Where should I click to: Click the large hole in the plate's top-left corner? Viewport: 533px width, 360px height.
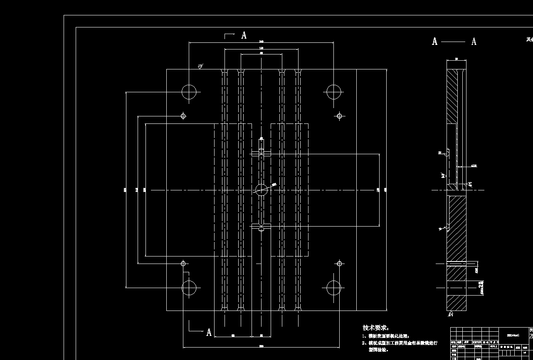tap(189, 92)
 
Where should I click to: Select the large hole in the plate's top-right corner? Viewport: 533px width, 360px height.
tap(333, 92)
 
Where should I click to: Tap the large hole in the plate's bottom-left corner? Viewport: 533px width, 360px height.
tap(189, 287)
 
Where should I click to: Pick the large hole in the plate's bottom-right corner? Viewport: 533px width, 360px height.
tap(333, 287)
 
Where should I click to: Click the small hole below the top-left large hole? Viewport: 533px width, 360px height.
tap(183, 116)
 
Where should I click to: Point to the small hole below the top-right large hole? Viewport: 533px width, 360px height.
tap(339, 116)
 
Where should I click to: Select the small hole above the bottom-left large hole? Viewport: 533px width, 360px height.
tap(183, 263)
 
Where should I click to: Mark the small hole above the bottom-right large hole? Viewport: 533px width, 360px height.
tap(339, 263)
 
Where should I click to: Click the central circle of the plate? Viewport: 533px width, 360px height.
tap(262, 190)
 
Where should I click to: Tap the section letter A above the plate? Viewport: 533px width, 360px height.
tap(244, 36)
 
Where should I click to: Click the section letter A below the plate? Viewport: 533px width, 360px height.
tap(209, 332)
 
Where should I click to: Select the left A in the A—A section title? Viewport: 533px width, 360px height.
tap(435, 42)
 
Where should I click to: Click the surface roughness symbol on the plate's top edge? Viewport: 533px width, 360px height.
tap(200, 66)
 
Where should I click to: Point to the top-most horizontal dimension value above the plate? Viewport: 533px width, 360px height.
tap(261, 41)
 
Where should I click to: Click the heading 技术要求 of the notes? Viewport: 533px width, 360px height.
tap(375, 328)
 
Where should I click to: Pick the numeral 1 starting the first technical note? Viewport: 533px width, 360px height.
tap(364, 336)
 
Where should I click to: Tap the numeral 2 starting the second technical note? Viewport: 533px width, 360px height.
tap(364, 343)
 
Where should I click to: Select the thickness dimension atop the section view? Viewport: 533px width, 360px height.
tap(457, 59)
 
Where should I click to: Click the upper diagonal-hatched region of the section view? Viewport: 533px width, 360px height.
tap(452, 96)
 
